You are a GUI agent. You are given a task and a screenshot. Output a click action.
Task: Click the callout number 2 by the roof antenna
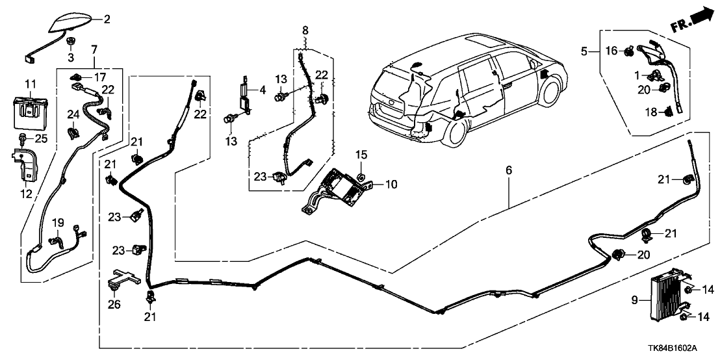click(107, 19)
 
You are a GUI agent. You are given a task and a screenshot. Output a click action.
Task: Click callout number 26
click(114, 303)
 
